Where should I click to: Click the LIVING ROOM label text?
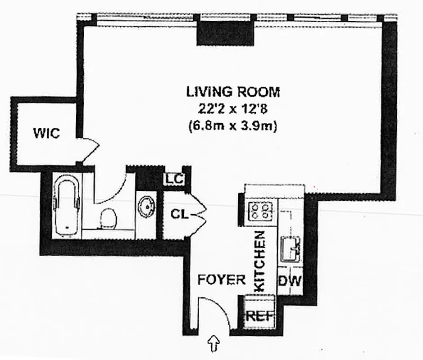[233, 92]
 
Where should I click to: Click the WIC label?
[46, 134]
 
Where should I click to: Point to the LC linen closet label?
[173, 179]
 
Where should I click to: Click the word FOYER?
[222, 279]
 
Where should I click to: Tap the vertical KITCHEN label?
[260, 261]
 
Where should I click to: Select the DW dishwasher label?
[289, 281]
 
